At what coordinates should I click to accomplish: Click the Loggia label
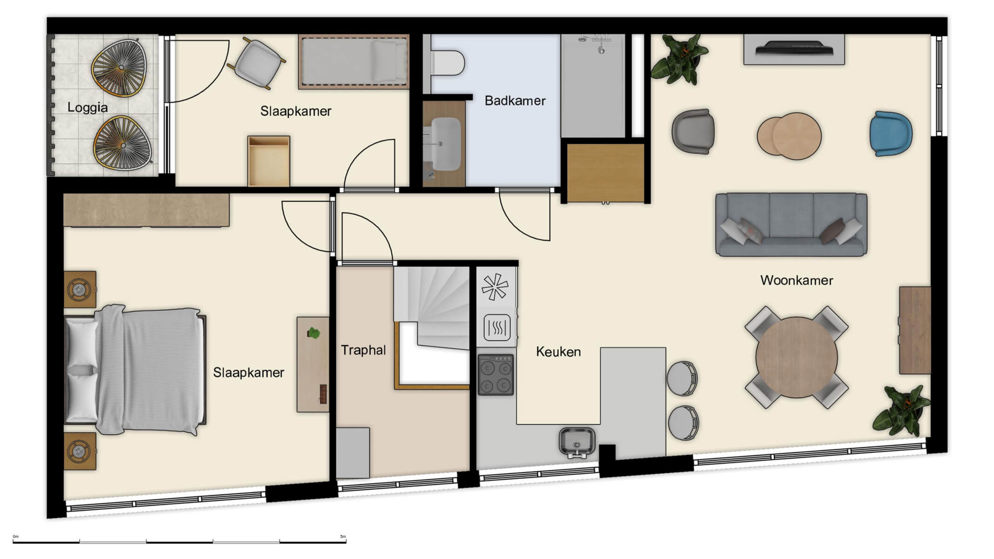point(87,108)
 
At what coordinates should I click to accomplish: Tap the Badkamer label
point(514,101)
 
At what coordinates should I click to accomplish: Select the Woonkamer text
point(796,280)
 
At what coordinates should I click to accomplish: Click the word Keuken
point(558,352)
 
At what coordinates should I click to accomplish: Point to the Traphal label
point(363,350)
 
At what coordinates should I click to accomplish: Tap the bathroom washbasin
point(445,143)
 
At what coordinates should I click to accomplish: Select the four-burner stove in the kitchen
point(495,375)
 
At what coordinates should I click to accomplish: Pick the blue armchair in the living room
point(890,134)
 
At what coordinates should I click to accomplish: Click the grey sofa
point(791,225)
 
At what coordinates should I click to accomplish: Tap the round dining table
point(796,357)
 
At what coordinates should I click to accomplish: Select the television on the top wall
point(794,49)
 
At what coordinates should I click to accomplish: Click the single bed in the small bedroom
point(354,61)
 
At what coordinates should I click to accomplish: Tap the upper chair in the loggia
point(118,68)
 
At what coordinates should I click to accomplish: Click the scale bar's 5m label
point(343,537)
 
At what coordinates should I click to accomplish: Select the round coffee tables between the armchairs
point(788,136)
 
